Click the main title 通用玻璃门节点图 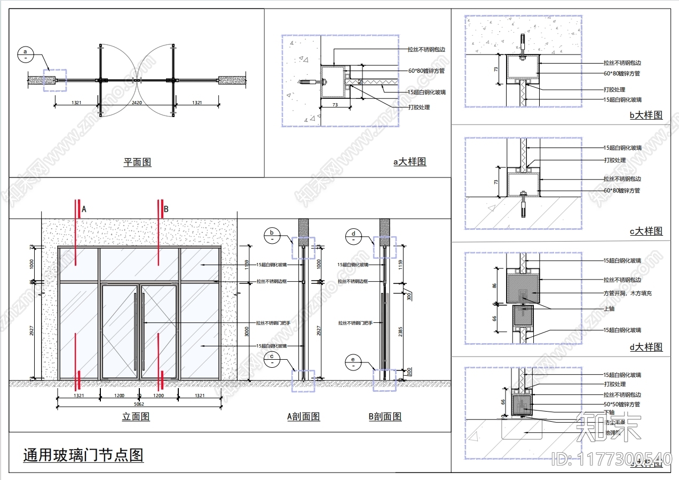83,455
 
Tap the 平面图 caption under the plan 137,162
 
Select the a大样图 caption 410,161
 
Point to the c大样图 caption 646,231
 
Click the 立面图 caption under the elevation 136,416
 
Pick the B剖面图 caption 385,416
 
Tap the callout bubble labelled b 272,235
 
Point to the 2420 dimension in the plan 137,103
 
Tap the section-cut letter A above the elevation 84,210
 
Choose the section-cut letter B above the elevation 165,210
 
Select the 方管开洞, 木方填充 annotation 627,293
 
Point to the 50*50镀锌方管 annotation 622,405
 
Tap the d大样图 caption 646,347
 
